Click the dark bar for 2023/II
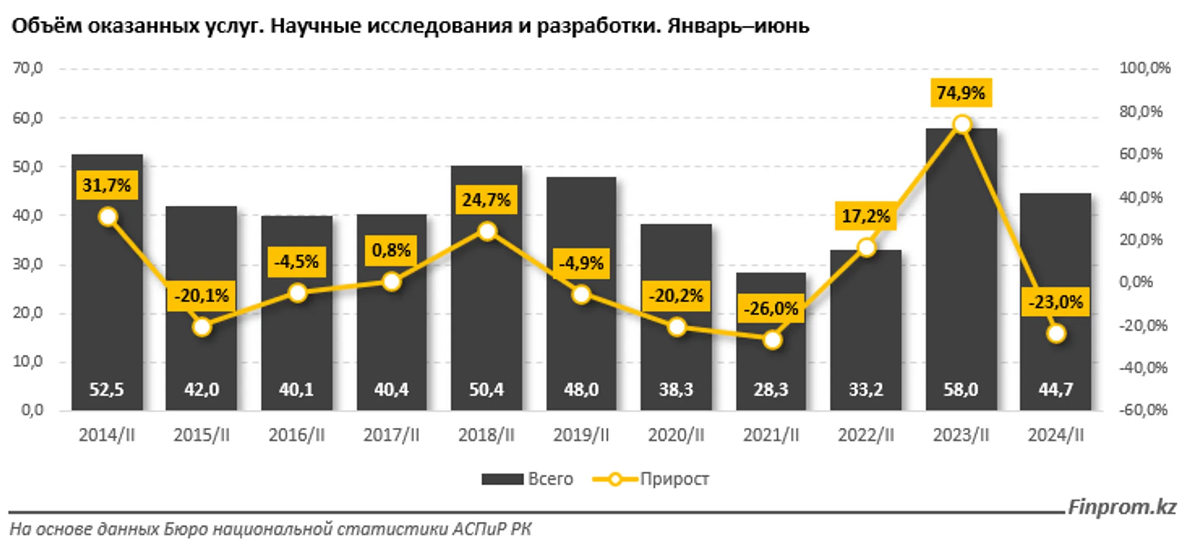pyautogui.click(x=961, y=274)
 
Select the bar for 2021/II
pyautogui.click(x=771, y=362)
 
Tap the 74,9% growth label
pyautogui.click(x=961, y=93)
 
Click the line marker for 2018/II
pyautogui.click(x=487, y=231)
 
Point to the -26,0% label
pyautogui.click(x=771, y=308)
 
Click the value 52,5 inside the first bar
pyautogui.click(x=106, y=389)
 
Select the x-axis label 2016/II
pyautogui.click(x=296, y=435)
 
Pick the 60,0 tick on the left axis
pyautogui.click(x=27, y=118)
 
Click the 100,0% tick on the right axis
pyautogui.click(x=1144, y=68)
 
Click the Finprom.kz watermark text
pyautogui.click(x=1121, y=507)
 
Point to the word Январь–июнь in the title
pyautogui.click(x=738, y=26)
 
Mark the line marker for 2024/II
pyautogui.click(x=1056, y=334)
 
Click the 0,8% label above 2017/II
pyautogui.click(x=391, y=250)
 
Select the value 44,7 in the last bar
pyautogui.click(x=1056, y=389)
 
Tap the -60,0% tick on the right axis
pyautogui.click(x=1143, y=410)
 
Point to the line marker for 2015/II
pyautogui.click(x=202, y=327)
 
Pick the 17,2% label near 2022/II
pyautogui.click(x=866, y=216)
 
